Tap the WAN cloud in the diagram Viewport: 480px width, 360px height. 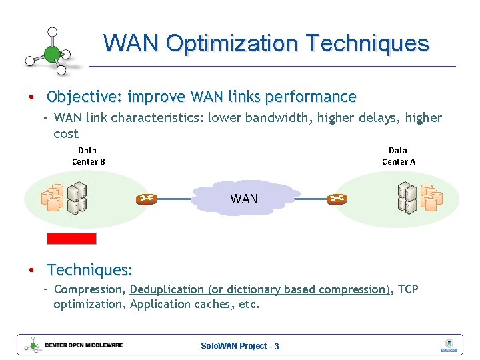pos(243,198)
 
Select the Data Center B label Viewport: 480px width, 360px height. pos(88,156)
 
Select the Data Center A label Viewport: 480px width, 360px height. pos(398,156)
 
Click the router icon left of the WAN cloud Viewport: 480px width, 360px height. pos(146,199)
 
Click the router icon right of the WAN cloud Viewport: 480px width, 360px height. pos(337,199)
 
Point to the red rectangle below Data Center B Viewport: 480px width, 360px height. pos(71,238)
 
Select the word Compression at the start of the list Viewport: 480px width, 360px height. pos(89,289)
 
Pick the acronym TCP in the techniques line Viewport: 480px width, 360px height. pos(408,289)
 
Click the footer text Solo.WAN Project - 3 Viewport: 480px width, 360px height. pos(240,346)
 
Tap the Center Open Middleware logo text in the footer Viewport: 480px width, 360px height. pos(84,345)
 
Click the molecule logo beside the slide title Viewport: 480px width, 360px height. pos(51,51)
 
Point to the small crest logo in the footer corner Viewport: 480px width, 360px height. pos(448,345)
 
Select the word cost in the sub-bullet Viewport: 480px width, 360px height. pos(66,133)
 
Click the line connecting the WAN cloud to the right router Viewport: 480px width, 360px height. pos(310,199)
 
